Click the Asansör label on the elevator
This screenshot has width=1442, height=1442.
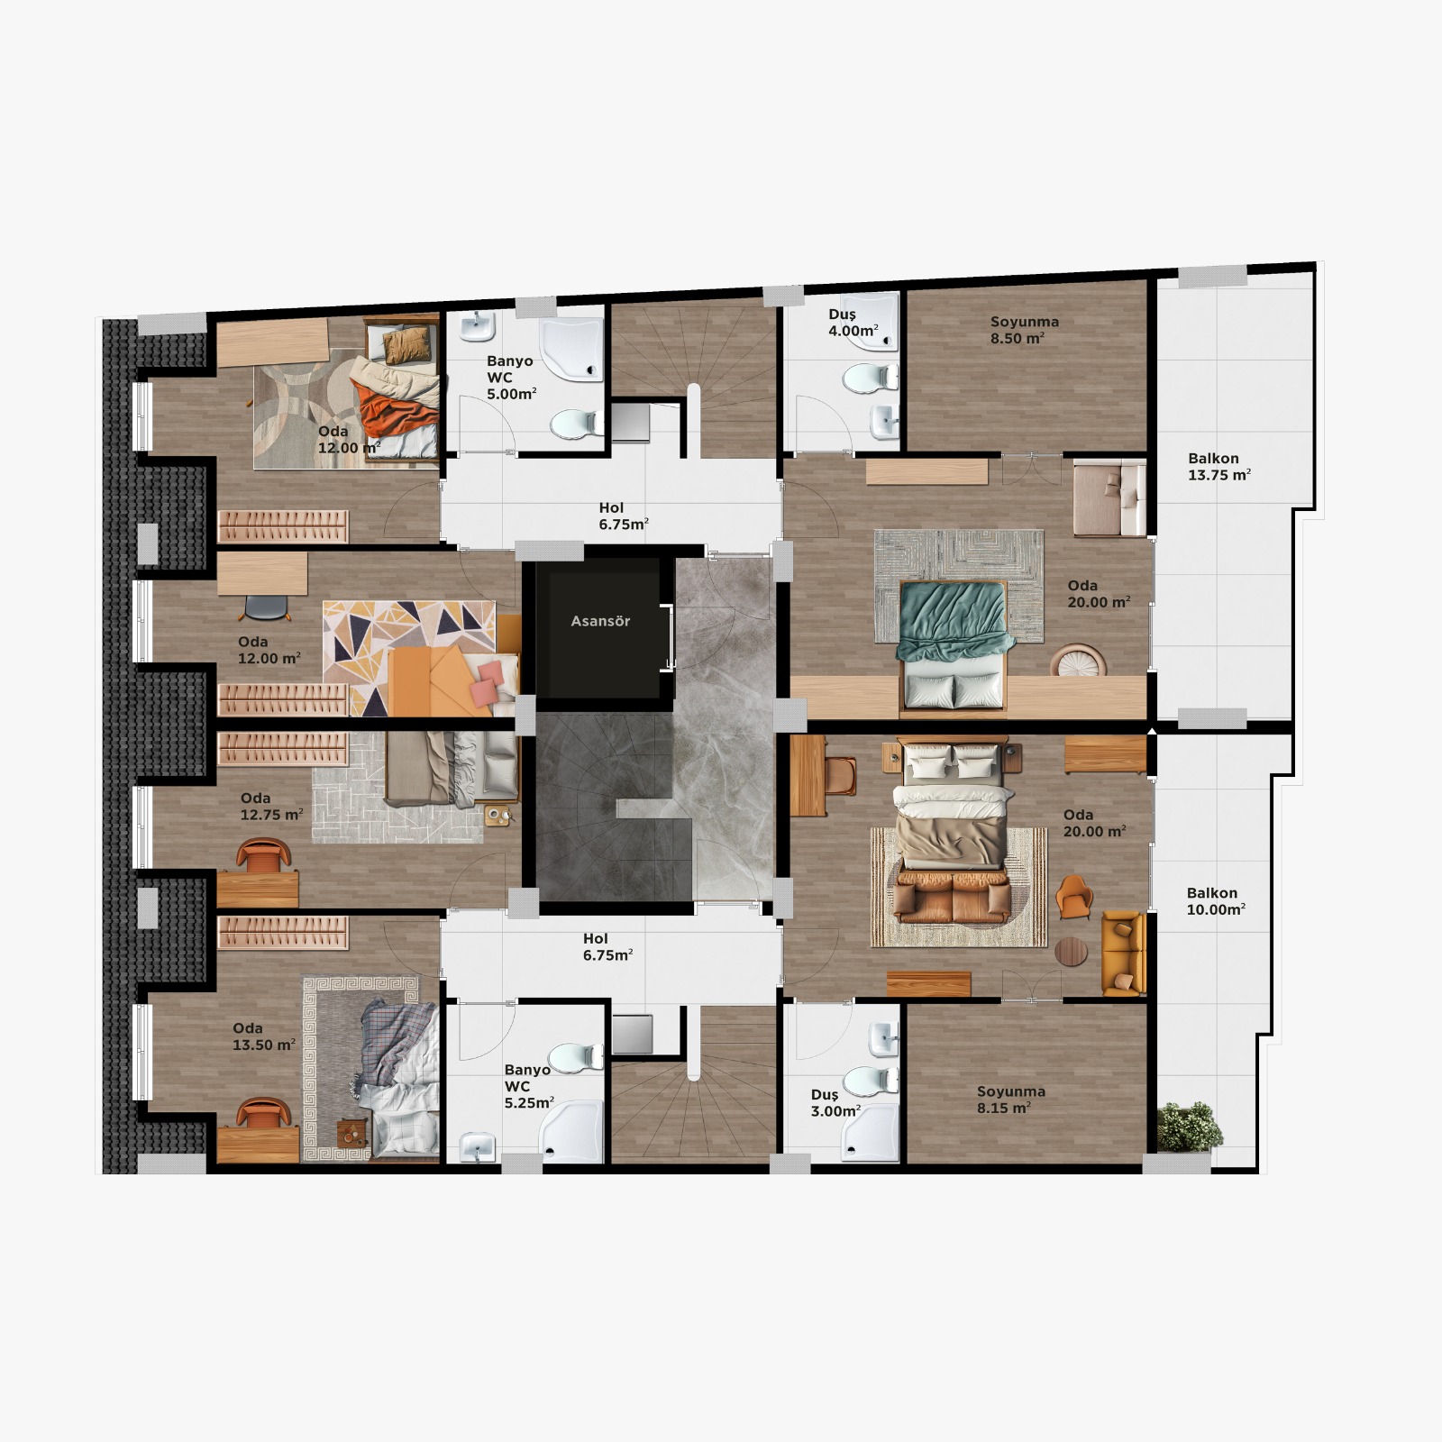[600, 621]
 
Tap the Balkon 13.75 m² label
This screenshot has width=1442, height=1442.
[1218, 467]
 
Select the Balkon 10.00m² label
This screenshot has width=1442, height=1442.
[1215, 901]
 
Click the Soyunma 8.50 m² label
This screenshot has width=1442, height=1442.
[1024, 330]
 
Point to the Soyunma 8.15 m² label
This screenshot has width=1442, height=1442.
[1010, 1100]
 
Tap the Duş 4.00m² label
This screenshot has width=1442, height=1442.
[853, 323]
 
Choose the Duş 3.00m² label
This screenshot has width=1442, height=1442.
[835, 1103]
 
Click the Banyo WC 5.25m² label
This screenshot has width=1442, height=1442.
[528, 1086]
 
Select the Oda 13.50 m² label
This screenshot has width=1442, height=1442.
[263, 1036]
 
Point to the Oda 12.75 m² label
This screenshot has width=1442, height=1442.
[271, 806]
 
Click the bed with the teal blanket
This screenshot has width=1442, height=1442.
[954, 645]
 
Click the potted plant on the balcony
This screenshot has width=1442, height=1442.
[1189, 1127]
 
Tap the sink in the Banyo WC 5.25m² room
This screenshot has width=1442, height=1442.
[477, 1146]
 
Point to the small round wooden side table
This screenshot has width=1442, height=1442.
[1071, 952]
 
